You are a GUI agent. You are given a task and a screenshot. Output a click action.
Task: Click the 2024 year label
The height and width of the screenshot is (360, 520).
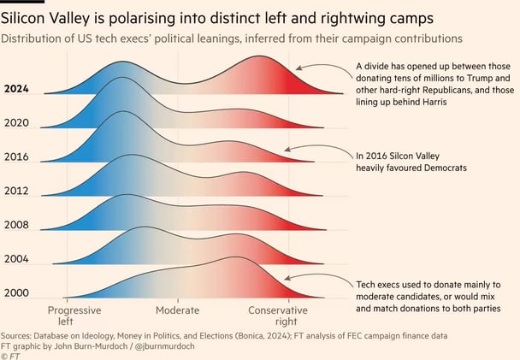(17, 88)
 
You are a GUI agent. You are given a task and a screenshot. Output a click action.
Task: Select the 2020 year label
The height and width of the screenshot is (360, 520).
(17, 122)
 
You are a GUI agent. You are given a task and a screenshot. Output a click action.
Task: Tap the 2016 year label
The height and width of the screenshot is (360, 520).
(17, 156)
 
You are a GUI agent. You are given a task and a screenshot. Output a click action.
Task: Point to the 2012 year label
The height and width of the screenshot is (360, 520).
(17, 191)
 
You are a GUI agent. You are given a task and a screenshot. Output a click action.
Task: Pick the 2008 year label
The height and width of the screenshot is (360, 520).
(17, 225)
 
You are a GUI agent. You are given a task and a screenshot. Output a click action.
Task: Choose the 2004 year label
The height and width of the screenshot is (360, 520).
(17, 258)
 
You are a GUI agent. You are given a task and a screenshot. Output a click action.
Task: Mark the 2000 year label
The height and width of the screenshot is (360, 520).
(17, 292)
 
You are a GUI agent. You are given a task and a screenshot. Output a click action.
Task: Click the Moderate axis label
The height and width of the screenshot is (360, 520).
(177, 310)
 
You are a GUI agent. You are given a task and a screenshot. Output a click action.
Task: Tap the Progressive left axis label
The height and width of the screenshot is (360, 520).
(74, 316)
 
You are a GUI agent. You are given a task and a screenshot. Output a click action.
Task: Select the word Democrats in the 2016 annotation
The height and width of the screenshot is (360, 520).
(443, 168)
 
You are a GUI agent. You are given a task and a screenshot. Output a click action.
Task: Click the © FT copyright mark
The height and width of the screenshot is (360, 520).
(10, 355)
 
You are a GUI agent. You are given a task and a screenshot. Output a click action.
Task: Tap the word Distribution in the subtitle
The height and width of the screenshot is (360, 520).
(35, 38)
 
